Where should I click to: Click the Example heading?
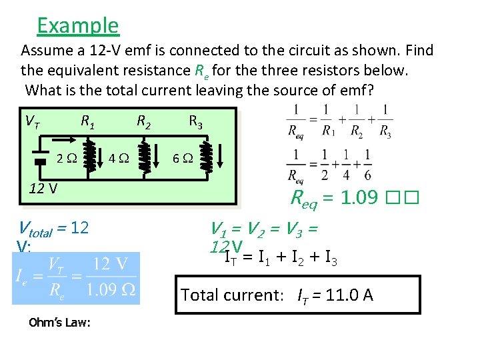(x=78, y=25)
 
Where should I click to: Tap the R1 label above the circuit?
(x=87, y=121)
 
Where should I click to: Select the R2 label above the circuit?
(x=143, y=121)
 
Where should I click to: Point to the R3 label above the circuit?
(x=196, y=121)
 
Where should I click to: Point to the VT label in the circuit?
(x=32, y=121)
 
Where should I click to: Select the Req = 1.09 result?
(x=335, y=197)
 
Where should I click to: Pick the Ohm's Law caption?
(x=60, y=323)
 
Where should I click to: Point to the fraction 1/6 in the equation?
(x=367, y=164)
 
